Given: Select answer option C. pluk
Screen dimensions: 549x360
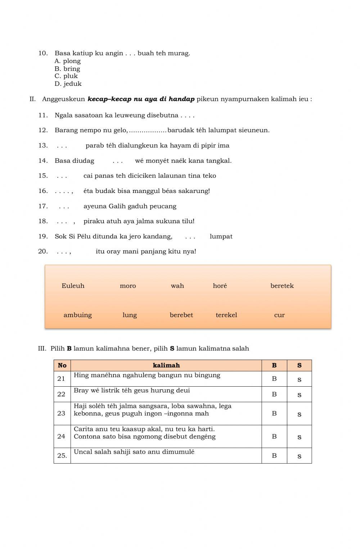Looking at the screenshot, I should pos(66,76).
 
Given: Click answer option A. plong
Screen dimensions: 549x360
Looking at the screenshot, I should pos(68,61).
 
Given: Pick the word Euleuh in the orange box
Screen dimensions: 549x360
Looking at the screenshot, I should pos(73,286).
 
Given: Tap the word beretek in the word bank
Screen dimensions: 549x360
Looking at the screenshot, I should pos(282,286).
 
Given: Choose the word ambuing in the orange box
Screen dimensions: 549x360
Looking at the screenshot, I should pos(77,315).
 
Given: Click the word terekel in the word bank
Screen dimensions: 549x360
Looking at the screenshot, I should pos(226,315).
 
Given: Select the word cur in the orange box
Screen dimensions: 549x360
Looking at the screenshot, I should pos(279,315).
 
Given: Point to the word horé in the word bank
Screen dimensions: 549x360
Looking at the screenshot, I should pos(220,286).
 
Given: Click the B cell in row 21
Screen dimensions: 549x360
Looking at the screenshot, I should pos(274,379).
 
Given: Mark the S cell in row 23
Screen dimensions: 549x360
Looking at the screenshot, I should pos(299,414).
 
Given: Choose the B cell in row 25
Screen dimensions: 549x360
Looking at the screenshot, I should pos(274,456).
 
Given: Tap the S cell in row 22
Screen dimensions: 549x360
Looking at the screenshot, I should pos(299,395).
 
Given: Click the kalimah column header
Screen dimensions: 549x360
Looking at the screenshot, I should pos(166,365).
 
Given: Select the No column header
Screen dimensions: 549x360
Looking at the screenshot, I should pos(62,365).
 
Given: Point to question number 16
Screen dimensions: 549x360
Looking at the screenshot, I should pos(43,191).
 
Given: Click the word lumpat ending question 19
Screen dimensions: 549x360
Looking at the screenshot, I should pos(221,237).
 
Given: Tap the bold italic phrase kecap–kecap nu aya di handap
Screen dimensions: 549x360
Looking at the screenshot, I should pos(141,99).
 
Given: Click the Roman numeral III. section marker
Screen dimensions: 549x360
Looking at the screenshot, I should pos(42,348).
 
